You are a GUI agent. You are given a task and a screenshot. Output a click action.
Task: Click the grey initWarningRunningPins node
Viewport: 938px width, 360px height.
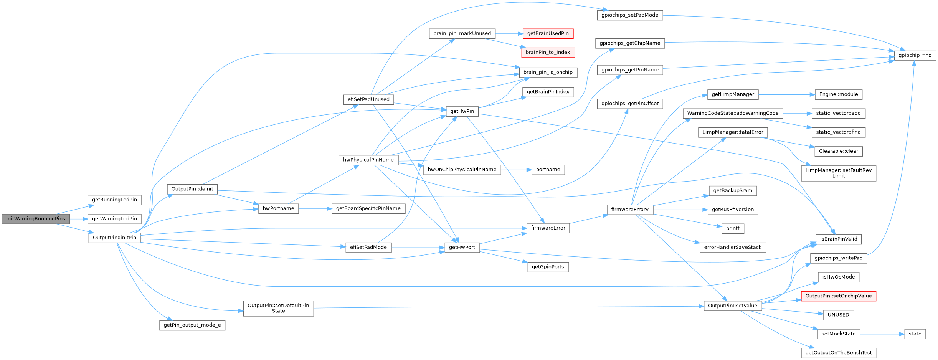click(36, 219)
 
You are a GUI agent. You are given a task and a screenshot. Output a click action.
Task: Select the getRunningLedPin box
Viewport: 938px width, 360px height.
click(114, 200)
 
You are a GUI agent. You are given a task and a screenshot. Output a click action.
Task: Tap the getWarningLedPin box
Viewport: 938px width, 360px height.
click(114, 219)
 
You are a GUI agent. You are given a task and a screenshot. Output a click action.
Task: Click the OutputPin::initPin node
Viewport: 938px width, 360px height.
click(114, 238)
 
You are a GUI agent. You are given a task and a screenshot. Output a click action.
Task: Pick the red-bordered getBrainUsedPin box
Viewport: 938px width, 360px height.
click(548, 33)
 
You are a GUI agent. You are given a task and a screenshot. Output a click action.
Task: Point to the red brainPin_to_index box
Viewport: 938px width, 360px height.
click(548, 52)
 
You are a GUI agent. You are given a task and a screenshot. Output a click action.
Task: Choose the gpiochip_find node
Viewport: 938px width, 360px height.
click(915, 55)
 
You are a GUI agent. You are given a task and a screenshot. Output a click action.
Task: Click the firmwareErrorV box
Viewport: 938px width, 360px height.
click(630, 210)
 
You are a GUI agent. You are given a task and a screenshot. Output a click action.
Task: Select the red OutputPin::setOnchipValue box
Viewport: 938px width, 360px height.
click(838, 296)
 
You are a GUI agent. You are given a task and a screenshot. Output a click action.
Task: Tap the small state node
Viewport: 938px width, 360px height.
click(915, 334)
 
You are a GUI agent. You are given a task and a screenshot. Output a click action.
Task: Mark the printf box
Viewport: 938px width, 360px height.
click(732, 228)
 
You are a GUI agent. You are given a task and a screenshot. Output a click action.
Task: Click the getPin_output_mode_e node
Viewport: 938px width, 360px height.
click(192, 325)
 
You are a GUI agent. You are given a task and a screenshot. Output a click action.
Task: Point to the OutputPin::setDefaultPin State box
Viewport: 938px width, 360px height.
click(278, 308)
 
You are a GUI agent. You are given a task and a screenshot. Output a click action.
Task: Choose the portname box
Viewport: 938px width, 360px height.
click(548, 170)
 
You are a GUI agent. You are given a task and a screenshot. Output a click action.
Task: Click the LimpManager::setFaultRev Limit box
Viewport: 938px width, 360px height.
click(838, 173)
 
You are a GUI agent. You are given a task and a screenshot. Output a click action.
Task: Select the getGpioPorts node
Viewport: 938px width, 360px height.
click(548, 267)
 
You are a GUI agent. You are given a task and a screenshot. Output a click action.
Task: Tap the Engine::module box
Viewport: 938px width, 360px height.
click(838, 94)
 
